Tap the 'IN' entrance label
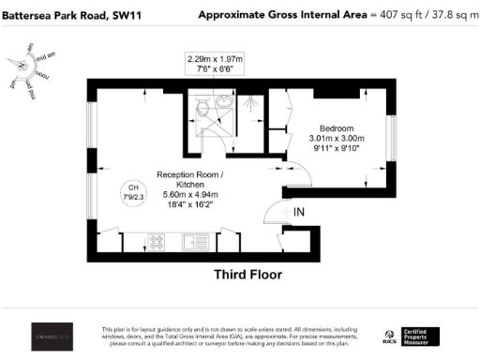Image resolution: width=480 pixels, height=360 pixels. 298,214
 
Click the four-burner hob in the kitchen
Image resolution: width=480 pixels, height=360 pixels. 158,243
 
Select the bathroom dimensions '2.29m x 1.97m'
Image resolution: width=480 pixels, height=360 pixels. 219,58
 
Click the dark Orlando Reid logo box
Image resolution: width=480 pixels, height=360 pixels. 48,337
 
